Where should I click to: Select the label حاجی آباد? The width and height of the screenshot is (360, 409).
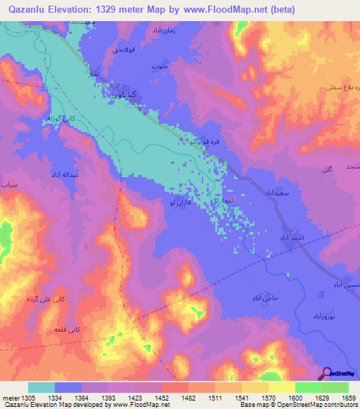pyautogui.click(x=266, y=298)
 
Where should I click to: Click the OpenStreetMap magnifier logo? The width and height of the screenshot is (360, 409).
pyautogui.click(x=326, y=373)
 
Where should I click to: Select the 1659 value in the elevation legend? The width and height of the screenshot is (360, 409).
pyautogui.click(x=348, y=398)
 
